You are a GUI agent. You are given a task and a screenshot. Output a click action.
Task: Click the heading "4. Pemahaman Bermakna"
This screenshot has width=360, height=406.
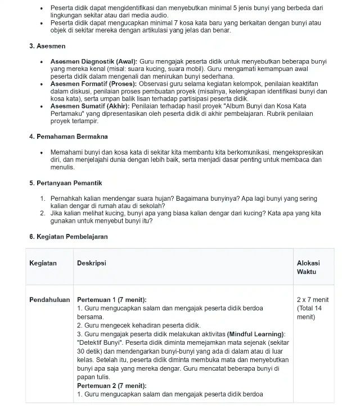[x=68, y=137]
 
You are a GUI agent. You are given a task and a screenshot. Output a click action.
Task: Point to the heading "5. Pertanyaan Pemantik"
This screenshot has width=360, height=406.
[x=65, y=183]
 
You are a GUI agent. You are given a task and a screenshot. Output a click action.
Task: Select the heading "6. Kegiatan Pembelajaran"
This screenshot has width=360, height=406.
[x=68, y=237]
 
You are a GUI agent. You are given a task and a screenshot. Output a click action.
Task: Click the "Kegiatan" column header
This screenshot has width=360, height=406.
[x=43, y=263]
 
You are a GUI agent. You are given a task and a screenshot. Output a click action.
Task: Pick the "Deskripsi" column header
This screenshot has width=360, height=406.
[x=91, y=263]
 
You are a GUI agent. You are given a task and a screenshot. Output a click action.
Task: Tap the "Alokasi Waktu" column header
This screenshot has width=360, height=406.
[x=308, y=267]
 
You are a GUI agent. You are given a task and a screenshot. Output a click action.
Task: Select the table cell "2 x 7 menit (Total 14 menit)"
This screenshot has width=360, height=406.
[x=313, y=308]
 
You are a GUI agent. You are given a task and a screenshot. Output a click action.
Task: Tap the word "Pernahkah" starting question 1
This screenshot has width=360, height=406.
[x=67, y=199]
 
